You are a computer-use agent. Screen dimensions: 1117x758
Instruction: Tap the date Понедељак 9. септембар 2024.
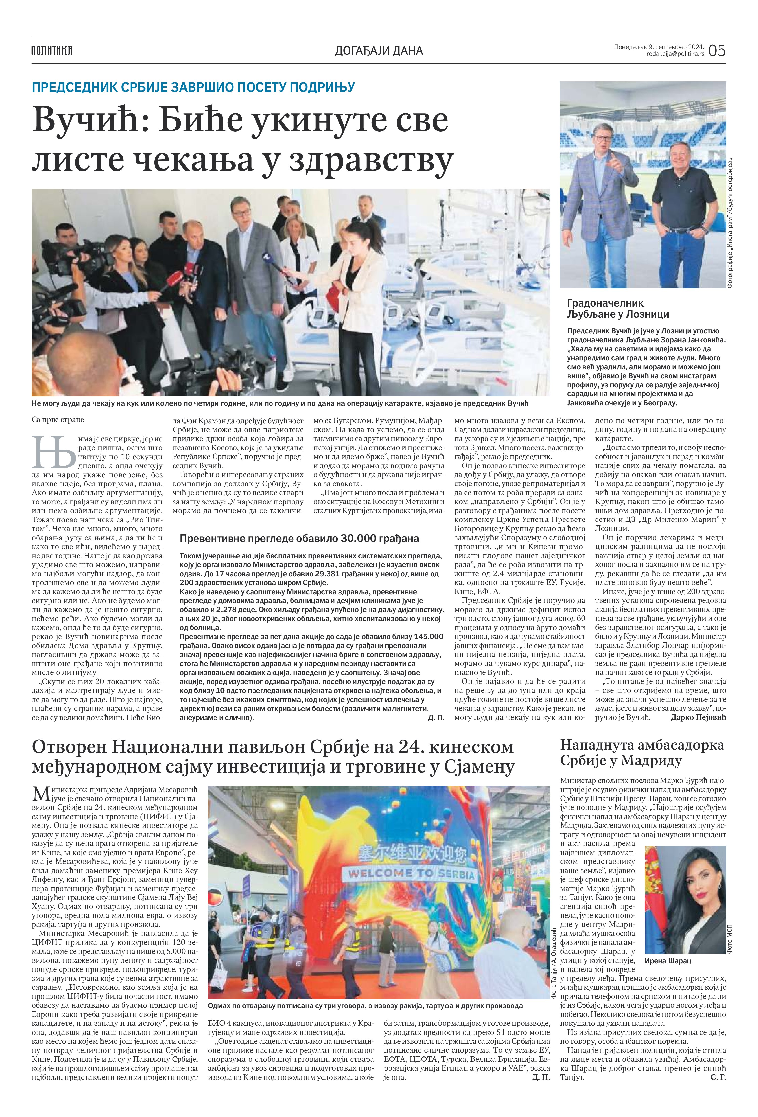coord(659,47)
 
